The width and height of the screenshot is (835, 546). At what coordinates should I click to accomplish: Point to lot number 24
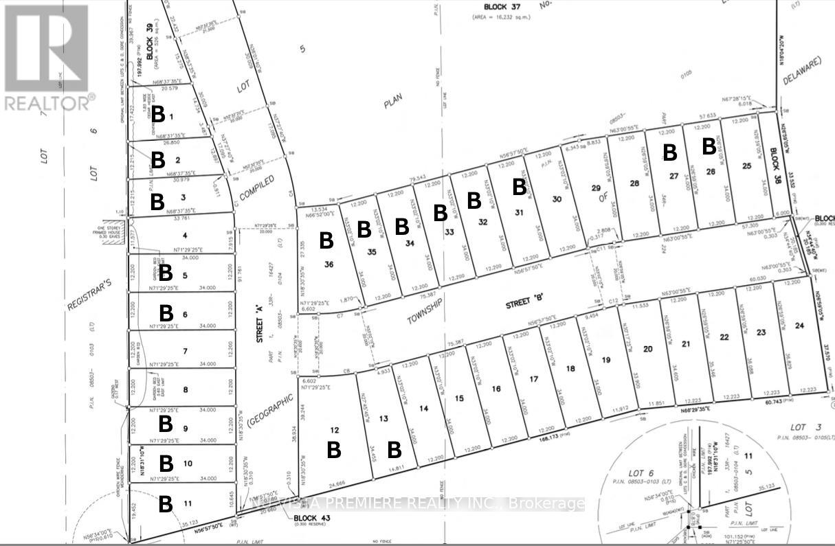[799, 326]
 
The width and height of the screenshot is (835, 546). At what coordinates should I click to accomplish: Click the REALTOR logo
[47, 57]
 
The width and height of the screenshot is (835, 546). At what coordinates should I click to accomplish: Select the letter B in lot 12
[334, 450]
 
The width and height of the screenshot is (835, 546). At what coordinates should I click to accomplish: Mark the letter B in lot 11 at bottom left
[166, 504]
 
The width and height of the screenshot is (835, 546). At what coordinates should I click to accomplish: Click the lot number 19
[605, 359]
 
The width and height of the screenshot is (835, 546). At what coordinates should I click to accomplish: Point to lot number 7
[185, 352]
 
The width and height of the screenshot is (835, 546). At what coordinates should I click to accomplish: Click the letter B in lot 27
[669, 152]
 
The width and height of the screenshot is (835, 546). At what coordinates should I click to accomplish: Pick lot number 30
[557, 198]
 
